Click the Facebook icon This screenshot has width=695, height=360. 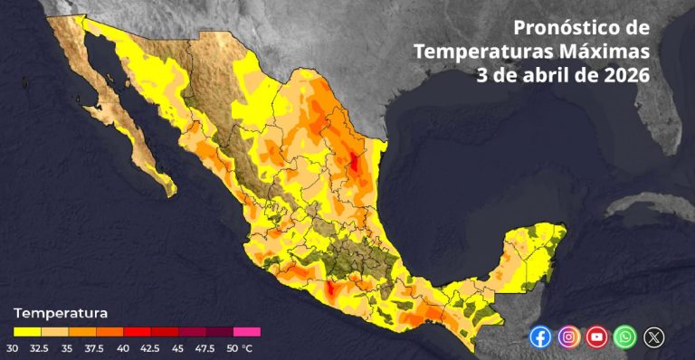(540, 337)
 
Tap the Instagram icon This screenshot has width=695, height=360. (568, 337)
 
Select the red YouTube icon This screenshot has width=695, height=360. (596, 337)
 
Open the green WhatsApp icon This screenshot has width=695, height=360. (624, 337)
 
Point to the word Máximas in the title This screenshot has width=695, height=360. (612, 51)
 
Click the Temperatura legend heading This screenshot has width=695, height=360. (61, 313)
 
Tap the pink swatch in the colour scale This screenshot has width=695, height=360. (247, 332)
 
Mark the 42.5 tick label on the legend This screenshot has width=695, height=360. (150, 347)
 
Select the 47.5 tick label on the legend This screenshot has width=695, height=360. (205, 347)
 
